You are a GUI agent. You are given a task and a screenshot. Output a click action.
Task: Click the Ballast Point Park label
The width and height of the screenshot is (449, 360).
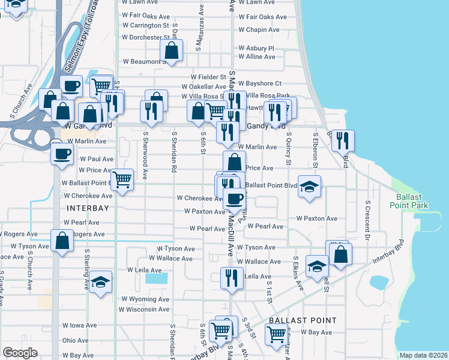(x=412, y=201)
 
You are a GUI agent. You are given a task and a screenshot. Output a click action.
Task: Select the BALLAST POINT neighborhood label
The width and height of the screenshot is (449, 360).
(x=303, y=320)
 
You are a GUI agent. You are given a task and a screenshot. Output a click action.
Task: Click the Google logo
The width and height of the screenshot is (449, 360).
(x=20, y=353)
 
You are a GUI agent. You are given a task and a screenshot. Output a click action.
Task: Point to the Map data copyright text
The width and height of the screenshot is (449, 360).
(x=424, y=355)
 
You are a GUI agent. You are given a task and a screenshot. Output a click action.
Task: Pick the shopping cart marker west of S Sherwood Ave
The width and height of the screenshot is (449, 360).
(x=122, y=178)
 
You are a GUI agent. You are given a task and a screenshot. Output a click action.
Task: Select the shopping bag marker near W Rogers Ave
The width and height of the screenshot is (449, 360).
(x=62, y=241)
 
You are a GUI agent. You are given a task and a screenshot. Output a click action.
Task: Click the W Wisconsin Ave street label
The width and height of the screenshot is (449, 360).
(x=144, y=310)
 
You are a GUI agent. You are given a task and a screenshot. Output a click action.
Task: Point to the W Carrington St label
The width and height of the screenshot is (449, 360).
(x=146, y=26)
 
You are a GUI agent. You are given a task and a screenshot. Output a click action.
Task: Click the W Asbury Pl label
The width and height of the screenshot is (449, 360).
(x=256, y=48)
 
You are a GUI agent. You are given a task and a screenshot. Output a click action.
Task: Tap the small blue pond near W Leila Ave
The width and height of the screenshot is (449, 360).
(x=157, y=278)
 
